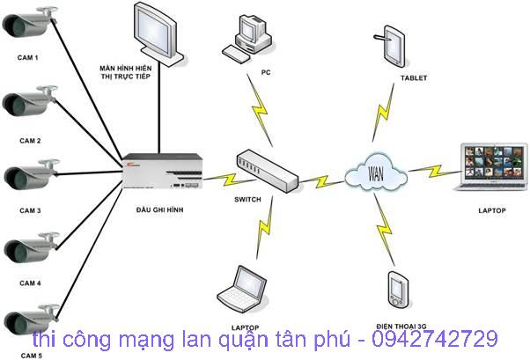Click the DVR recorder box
click(x=164, y=167)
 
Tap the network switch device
click(x=267, y=169)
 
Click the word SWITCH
click(x=247, y=200)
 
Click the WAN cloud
click(x=378, y=168)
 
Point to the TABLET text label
click(x=413, y=78)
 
